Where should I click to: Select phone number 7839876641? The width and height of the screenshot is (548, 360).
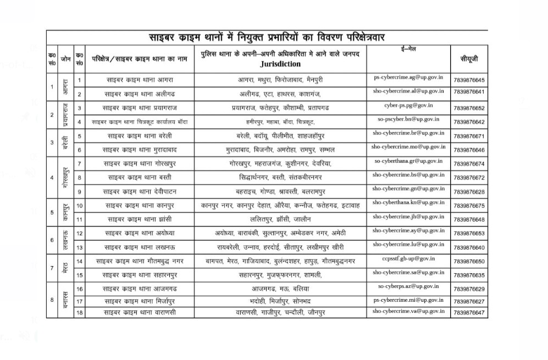tap(469, 91)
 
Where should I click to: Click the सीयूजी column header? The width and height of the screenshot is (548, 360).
tap(469, 58)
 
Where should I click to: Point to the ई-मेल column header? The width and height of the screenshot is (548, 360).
tap(408, 49)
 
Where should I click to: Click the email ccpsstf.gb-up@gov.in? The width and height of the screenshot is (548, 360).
tap(408, 258)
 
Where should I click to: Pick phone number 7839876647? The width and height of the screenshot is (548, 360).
tap(469, 313)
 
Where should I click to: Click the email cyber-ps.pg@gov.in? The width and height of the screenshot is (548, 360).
tap(408, 104)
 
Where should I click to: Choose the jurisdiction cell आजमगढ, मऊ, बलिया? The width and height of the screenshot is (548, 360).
tap(280, 289)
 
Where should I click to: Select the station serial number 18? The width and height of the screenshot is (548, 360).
tap(80, 312)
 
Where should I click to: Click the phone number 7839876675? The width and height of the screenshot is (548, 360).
tap(469, 206)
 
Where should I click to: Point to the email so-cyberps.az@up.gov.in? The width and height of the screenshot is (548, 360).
tap(408, 286)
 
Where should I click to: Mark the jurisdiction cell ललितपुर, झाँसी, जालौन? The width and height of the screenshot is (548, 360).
tap(280, 219)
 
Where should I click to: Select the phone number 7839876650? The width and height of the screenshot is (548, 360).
tap(469, 262)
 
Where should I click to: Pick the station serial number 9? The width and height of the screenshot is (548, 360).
tap(80, 191)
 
